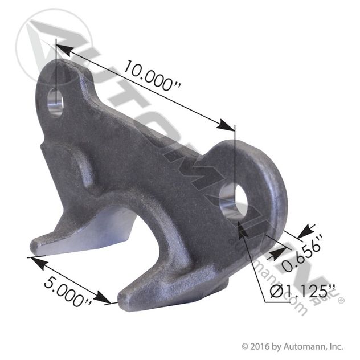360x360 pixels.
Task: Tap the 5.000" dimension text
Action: tap(68, 291)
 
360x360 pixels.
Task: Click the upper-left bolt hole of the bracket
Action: tap(56, 103)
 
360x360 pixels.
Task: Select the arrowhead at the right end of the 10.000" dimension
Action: tap(226, 125)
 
